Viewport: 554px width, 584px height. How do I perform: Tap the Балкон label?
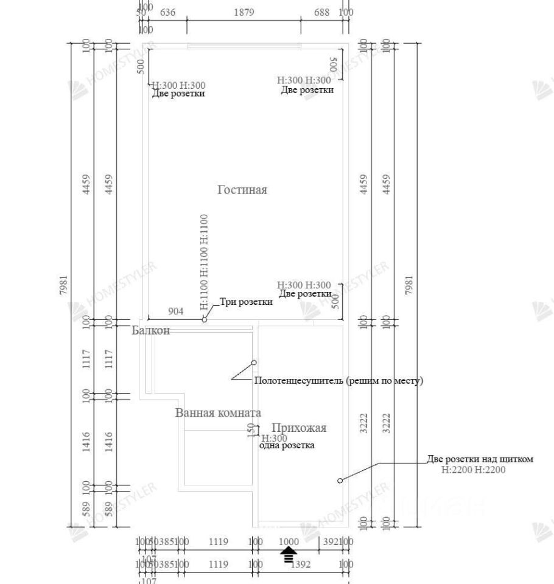point(151,331)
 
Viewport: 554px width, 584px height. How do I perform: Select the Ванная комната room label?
point(218,413)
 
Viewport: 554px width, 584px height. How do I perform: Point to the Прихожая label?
point(299,428)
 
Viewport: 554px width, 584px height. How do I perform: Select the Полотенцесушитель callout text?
point(338,381)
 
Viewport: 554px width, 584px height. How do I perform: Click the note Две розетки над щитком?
point(480,459)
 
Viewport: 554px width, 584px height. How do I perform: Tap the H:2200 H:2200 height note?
point(474,470)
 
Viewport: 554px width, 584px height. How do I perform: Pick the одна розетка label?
point(287,446)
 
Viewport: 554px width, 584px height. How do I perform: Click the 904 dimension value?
point(175,311)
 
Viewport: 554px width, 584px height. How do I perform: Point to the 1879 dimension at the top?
point(244,12)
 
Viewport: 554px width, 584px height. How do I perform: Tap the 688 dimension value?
point(321,12)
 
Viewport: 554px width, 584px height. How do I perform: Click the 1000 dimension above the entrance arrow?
point(289,541)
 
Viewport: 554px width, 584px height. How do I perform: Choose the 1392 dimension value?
point(301,565)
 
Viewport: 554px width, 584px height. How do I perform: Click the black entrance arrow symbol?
point(289,554)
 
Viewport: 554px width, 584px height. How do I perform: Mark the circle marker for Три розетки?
point(205,319)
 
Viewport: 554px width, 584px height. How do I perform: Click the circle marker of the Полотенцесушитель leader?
point(254,363)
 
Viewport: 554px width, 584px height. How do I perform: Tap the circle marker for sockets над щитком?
point(340,481)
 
